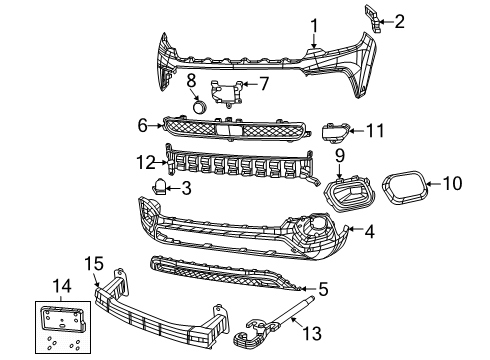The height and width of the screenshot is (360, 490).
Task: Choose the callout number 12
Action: click(x=144, y=160)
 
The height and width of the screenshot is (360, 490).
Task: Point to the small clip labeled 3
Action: click(x=161, y=184)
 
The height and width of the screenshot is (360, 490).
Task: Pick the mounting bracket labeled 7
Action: click(x=227, y=92)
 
